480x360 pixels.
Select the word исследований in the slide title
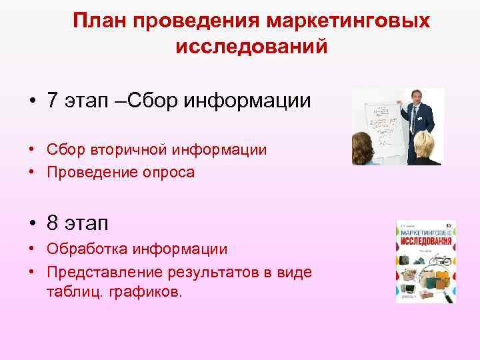tap(251, 47)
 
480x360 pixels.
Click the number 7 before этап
tap(53, 101)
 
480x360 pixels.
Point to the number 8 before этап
tap(53, 221)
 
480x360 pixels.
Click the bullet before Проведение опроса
tap(33, 173)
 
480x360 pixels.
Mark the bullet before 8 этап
tap(33, 222)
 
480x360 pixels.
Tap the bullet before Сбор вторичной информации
tap(33, 150)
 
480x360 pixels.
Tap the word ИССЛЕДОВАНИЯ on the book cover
tap(426, 240)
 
